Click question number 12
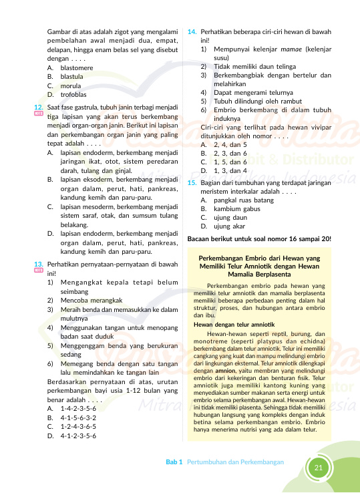[39, 107]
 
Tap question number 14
[192, 31]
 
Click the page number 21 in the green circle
[318, 468]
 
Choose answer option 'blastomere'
[75, 68]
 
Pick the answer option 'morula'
[69, 86]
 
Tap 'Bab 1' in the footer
[174, 462]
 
